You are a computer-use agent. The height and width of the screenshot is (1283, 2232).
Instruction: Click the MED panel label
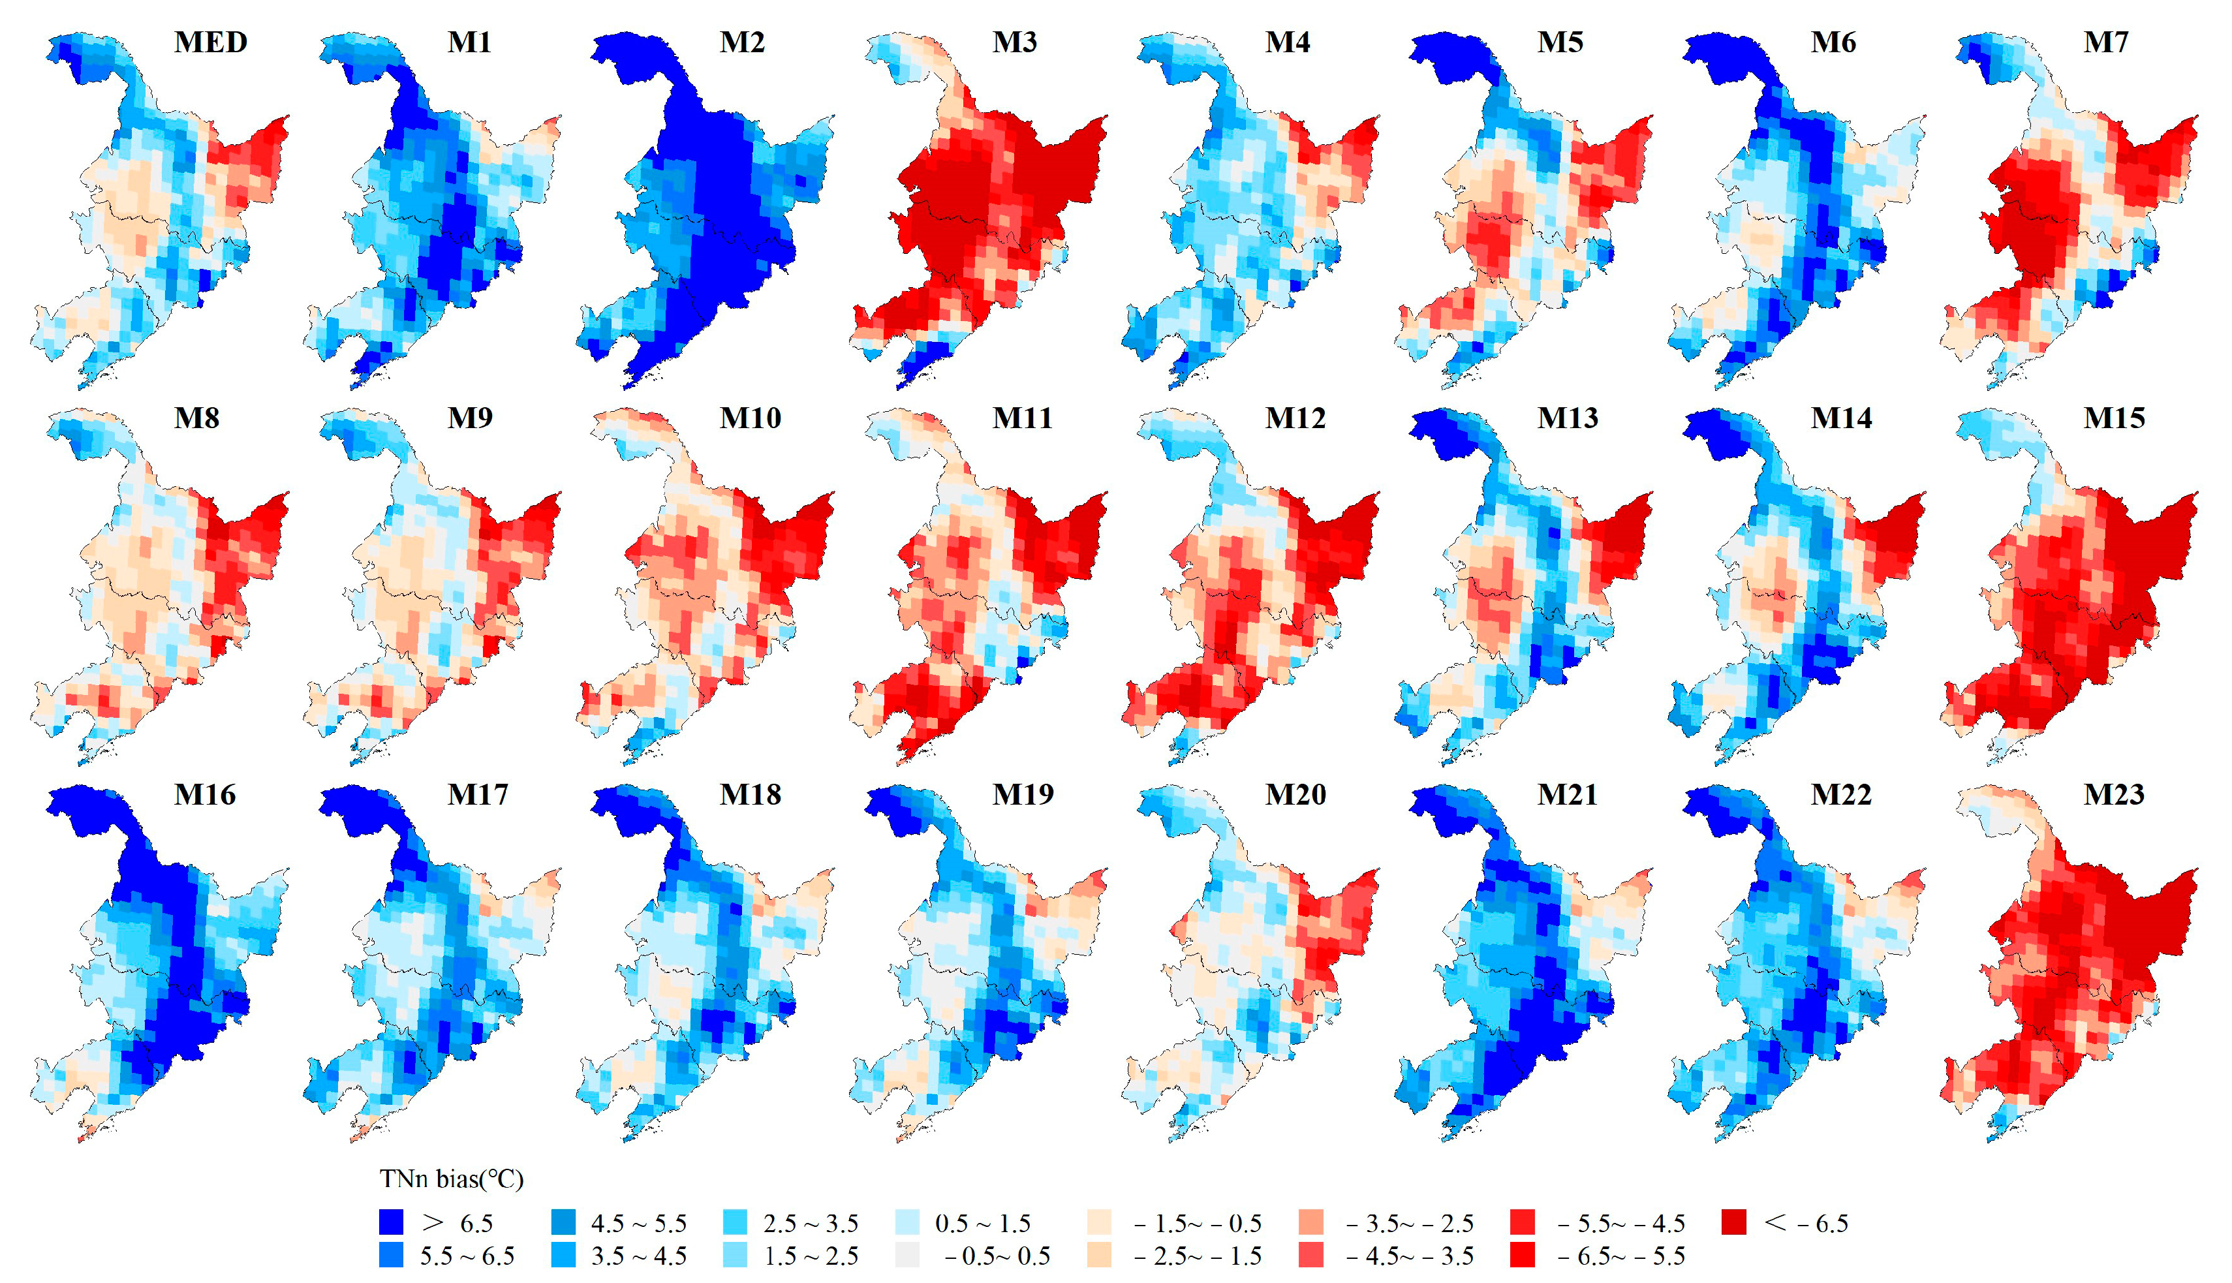211,42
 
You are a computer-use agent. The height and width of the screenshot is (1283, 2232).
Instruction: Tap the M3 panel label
1014,42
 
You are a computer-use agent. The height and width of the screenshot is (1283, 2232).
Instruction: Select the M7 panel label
2105,42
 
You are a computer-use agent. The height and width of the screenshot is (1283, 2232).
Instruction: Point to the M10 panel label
750,418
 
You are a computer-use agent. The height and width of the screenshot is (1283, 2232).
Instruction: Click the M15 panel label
2114,418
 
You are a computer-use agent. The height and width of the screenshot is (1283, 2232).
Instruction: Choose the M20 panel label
1295,794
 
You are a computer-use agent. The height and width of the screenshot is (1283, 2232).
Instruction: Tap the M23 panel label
2113,794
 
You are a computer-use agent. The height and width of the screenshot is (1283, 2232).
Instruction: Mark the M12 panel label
1295,418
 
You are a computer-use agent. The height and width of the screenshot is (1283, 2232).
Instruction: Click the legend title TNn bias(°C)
451,1179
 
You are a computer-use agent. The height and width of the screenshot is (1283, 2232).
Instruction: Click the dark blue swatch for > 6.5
391,1222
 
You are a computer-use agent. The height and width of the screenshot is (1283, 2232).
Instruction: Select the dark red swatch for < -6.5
1733,1222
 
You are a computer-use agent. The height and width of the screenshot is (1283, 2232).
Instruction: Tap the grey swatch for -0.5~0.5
907,1255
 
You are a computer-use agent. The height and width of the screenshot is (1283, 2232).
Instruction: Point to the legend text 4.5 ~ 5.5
638,1223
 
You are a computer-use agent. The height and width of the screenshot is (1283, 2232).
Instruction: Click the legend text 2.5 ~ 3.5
810,1223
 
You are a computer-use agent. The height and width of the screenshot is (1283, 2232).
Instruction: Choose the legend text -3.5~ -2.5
1409,1223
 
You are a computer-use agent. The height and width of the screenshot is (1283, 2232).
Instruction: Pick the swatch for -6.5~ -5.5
1522,1255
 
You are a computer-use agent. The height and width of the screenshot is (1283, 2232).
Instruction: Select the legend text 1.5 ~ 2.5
810,1256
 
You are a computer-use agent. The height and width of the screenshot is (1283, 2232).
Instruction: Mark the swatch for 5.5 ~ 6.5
391,1255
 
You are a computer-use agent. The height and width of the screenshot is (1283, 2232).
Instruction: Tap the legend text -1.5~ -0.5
1198,1223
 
